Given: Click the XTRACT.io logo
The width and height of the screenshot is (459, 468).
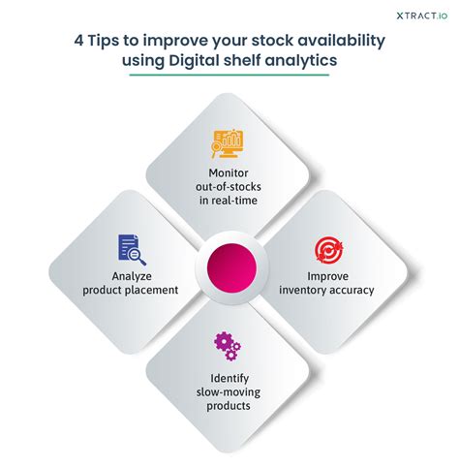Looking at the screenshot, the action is (x=422, y=16).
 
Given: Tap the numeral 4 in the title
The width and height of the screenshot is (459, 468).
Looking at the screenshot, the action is (x=78, y=41).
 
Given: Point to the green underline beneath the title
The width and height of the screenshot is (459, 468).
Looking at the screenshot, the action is (x=229, y=75).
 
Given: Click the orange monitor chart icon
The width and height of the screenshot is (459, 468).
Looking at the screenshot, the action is (x=228, y=143).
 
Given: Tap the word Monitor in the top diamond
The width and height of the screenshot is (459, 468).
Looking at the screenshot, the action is (x=229, y=172).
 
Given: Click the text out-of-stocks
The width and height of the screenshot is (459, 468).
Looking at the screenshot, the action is (x=229, y=187).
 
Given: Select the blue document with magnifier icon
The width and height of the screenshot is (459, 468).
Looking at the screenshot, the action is (x=132, y=250).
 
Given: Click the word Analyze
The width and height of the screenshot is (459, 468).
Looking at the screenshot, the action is (x=132, y=276).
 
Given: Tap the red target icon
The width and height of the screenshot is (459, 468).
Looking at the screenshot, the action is (x=328, y=250).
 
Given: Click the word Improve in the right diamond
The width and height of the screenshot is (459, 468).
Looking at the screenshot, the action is (x=327, y=276).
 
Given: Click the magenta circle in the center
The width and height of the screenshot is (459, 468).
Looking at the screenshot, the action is (x=231, y=268).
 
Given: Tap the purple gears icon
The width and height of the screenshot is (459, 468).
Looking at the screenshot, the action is (x=228, y=346).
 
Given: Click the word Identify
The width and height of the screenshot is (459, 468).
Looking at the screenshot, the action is (x=229, y=379).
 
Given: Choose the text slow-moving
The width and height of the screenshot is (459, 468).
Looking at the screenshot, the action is (x=229, y=392).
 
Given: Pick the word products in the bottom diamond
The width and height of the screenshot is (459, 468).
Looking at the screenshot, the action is (x=229, y=406).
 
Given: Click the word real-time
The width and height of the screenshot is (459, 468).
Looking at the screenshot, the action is (x=239, y=201).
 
